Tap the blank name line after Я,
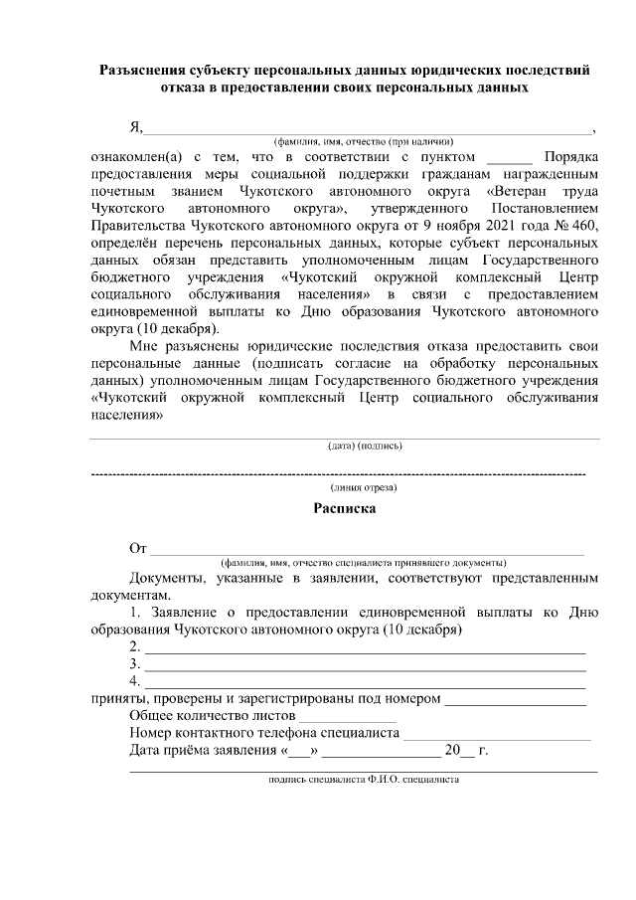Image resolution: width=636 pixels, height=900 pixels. coord(368,128)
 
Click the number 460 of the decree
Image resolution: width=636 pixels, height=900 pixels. coord(585,225)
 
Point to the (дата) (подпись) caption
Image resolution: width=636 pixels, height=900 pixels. coord(364,446)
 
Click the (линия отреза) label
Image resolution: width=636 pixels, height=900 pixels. coord(364,487)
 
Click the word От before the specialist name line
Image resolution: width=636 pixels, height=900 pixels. coord(138,548)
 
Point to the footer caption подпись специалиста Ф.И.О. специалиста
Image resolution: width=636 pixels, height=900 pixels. coord(364,782)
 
